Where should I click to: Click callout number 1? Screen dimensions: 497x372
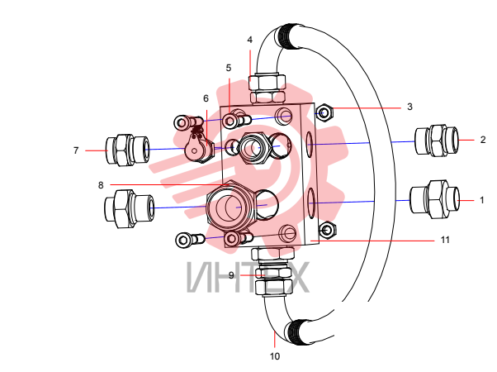point(482,200)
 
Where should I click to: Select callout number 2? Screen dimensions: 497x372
point(483,140)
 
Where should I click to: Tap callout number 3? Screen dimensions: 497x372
point(409,107)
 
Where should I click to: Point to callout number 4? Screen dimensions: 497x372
point(250,40)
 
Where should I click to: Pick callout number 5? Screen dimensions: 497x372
point(229,68)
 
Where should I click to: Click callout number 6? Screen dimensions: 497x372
point(206,98)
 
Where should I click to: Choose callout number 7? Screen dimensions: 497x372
point(76,150)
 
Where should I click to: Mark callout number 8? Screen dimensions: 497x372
point(101,185)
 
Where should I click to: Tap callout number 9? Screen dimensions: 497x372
point(231,275)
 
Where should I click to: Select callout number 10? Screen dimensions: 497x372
point(275,356)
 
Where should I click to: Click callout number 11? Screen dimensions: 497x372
point(445,240)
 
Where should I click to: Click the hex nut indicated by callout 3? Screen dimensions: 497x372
point(324,112)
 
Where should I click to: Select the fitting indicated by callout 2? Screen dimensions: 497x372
point(437,140)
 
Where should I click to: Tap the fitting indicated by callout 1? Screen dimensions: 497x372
point(435,199)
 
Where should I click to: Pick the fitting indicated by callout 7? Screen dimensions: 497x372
point(127,150)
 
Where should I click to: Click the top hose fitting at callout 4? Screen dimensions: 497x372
point(267,88)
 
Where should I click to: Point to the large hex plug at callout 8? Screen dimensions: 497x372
point(230,206)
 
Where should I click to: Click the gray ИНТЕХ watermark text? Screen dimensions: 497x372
point(248,277)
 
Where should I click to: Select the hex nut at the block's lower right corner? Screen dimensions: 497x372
point(328,230)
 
